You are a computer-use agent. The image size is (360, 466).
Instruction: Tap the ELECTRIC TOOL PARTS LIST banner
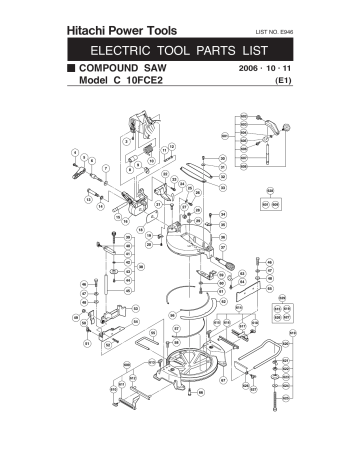click(180, 51)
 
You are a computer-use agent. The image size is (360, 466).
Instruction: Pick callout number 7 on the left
click(93, 161)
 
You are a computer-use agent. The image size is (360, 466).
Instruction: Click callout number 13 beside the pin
click(89, 198)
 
